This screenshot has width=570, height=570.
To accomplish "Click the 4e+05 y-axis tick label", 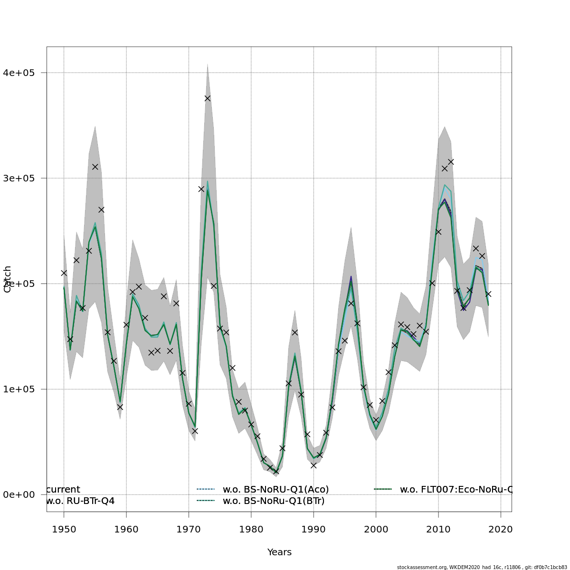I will (x=19, y=73).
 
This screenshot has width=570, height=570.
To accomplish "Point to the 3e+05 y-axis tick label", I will (x=19, y=178).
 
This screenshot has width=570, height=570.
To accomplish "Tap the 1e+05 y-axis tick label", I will (x=19, y=389).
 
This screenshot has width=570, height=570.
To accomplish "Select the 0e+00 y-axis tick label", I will (x=19, y=494).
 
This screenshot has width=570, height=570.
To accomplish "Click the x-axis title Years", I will (x=279, y=552).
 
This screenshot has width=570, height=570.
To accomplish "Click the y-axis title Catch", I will (x=8, y=279).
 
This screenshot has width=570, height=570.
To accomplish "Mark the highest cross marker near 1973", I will (x=208, y=98).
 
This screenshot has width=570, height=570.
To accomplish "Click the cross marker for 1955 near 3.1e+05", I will (x=95, y=167).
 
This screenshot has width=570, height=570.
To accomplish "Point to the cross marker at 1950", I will (x=64, y=273).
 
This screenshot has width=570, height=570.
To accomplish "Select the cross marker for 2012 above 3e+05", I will (x=451, y=162).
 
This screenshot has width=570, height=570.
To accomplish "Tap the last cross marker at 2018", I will (x=488, y=294).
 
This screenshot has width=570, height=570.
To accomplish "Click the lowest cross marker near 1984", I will (x=276, y=471).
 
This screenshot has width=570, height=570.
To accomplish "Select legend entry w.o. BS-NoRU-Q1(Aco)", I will (x=275, y=489).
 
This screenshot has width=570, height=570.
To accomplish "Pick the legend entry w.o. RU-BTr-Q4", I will (x=80, y=501).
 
